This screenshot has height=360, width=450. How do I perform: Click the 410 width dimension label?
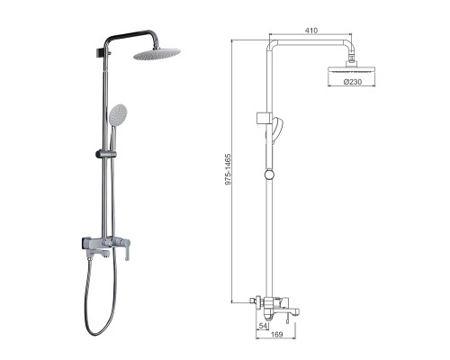click(312, 29)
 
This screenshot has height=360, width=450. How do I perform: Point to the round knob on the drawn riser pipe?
click(268, 174)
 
